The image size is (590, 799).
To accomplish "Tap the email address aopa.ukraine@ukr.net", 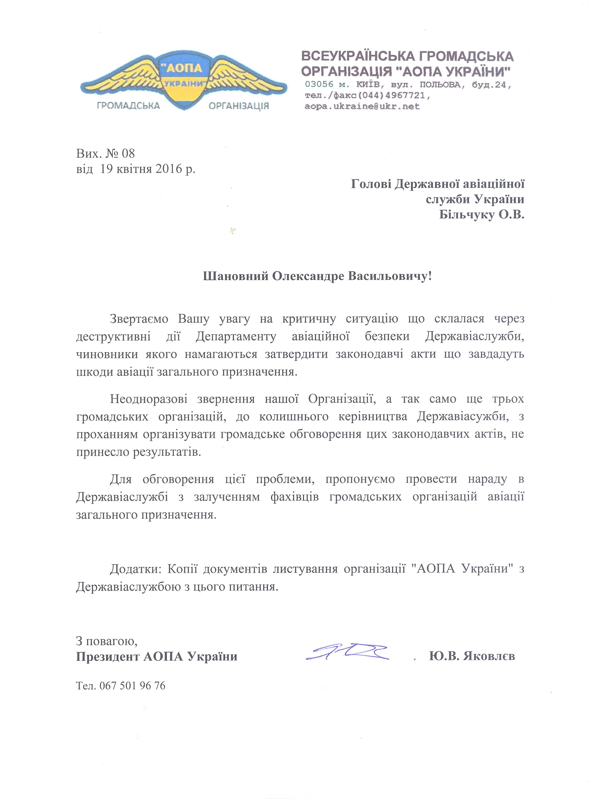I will click(x=362, y=106).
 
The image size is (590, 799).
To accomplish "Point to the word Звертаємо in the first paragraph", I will click(x=139, y=319).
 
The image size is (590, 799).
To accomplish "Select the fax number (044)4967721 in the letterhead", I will click(x=393, y=96).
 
